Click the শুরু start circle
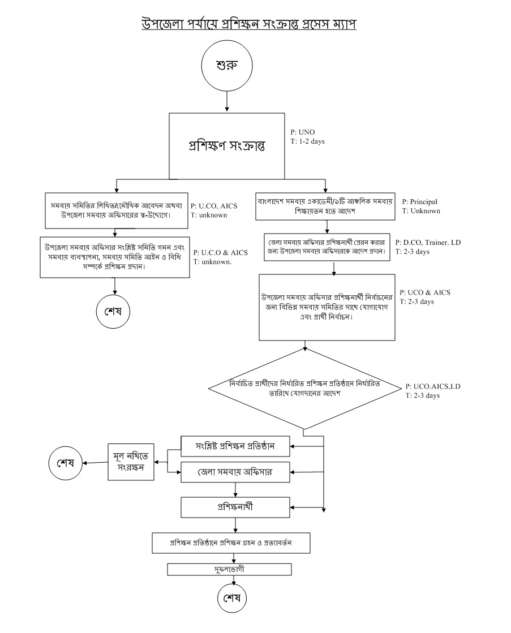226,64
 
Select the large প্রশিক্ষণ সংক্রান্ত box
226,145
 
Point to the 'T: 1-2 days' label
308,141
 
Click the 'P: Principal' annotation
420,201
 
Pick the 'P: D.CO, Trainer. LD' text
428,242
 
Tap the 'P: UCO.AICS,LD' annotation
433,386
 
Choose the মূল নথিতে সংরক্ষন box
131,462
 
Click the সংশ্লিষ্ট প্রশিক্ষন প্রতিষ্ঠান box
235,446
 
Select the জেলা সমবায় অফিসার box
235,472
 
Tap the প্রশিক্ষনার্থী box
235,507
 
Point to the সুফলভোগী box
230,569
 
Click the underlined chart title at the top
248,24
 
